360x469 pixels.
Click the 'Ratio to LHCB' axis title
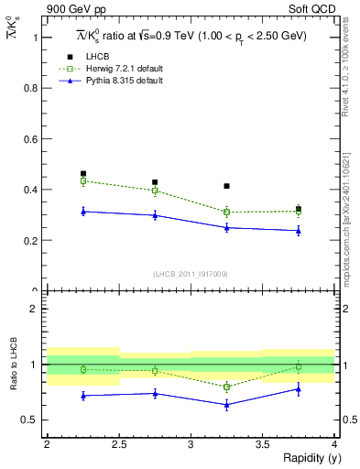[14, 365]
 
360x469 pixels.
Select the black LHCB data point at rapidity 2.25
[82, 173]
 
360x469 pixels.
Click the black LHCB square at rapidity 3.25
[226, 186]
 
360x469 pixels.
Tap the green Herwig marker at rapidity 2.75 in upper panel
[155, 191]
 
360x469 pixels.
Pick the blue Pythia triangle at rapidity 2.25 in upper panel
[82, 211]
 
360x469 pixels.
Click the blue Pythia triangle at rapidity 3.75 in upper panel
[299, 230]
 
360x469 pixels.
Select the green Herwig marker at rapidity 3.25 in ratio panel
[226, 387]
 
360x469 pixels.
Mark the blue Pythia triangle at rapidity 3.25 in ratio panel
[226, 404]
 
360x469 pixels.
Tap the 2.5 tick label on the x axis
[118, 443]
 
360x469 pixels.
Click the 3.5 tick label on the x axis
[262, 443]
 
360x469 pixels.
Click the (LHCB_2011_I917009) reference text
[190, 273]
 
